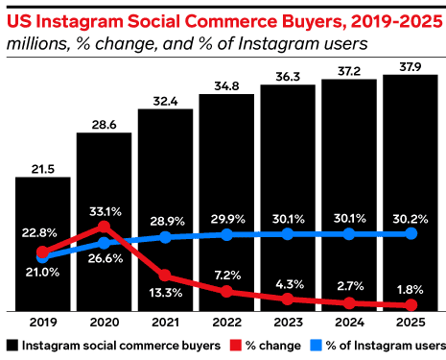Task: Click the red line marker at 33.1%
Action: [x=104, y=228]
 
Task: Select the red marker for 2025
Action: [x=411, y=305]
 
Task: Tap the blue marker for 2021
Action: [x=165, y=236]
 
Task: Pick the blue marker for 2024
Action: [x=349, y=233]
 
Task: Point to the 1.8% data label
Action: [x=411, y=287]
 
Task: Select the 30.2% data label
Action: [x=411, y=216]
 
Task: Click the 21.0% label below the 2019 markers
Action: [x=42, y=273]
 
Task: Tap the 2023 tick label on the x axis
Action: [x=288, y=324]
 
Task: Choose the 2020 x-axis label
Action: [x=104, y=324]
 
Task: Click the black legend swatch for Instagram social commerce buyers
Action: [x=12, y=345]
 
